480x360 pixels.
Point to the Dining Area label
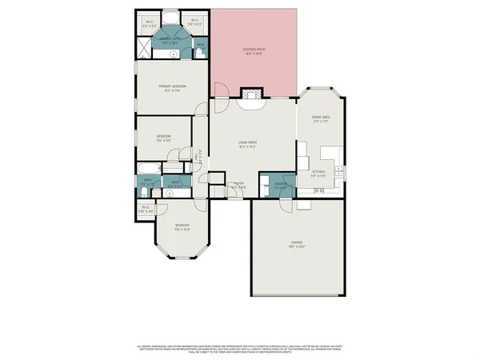point(321,118)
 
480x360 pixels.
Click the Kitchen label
point(318,172)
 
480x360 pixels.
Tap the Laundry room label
point(280,185)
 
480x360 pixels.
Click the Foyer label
point(238,185)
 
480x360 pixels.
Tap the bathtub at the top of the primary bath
point(171,18)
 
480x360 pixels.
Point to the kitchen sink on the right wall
point(339,170)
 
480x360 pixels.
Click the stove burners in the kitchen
point(319,190)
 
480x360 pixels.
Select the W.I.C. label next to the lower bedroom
point(146,210)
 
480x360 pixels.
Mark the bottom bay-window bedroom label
point(182,226)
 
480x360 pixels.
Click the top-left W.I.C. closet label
point(150,23)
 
